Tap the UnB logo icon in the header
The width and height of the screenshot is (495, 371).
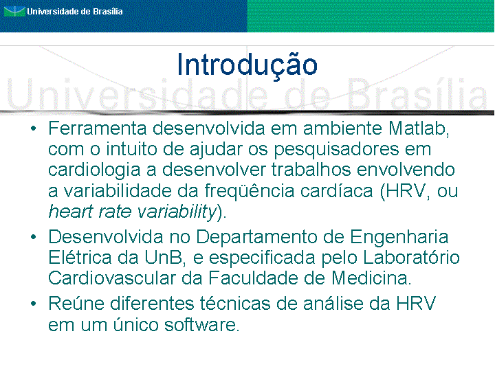pyautogui.click(x=14, y=12)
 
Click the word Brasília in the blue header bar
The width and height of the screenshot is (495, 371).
pyautogui.click(x=108, y=12)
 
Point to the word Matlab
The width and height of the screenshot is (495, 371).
pyautogui.click(x=419, y=128)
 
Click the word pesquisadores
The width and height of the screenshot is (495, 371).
pyautogui.click(x=336, y=150)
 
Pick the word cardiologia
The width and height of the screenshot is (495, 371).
pyautogui.click(x=94, y=170)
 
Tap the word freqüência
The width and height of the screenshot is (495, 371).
pyautogui.click(x=250, y=191)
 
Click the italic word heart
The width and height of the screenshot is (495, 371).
pyautogui.click(x=71, y=212)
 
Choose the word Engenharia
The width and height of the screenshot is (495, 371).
pyautogui.click(x=399, y=238)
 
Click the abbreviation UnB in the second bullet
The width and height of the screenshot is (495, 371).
pyautogui.click(x=164, y=258)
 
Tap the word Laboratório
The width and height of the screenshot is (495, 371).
pyautogui.click(x=410, y=258)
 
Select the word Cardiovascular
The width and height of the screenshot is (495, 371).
pyautogui.click(x=112, y=278)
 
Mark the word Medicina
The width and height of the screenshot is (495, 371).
pyautogui.click(x=371, y=278)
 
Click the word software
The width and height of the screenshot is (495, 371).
pyautogui.click(x=201, y=324)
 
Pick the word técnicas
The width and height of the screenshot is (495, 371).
pyautogui.click(x=235, y=304)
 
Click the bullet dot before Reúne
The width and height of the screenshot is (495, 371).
pyautogui.click(x=34, y=304)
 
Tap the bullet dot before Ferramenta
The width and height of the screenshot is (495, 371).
pyautogui.click(x=34, y=128)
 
